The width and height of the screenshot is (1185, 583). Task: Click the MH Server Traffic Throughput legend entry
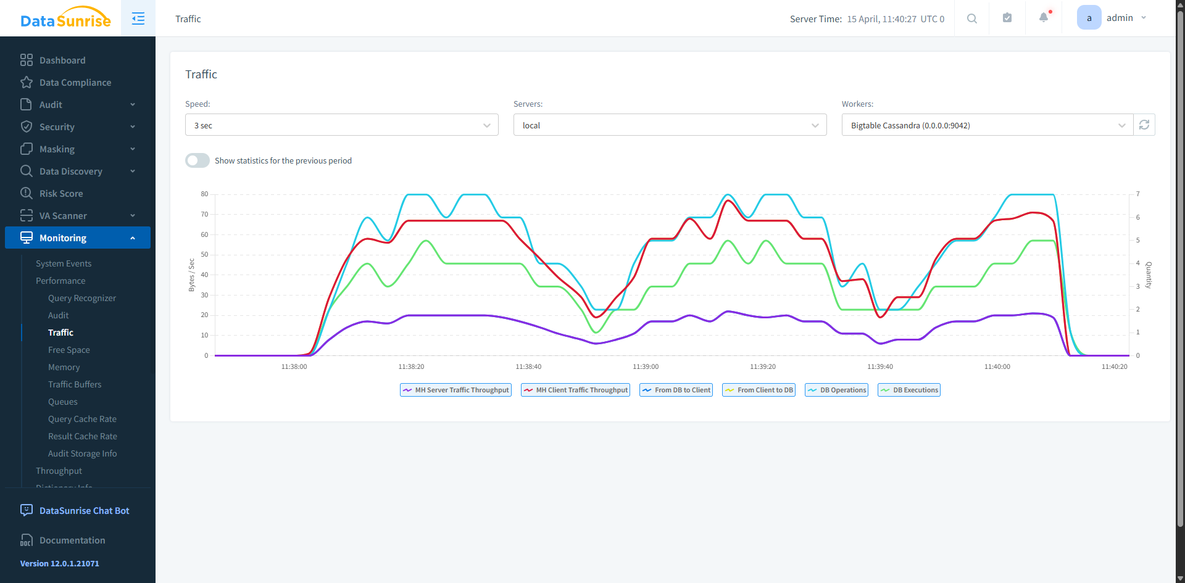[456, 390]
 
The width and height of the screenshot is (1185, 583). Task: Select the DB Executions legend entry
[909, 390]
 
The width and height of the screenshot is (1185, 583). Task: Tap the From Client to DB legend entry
[759, 390]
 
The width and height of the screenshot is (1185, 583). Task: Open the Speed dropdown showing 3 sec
[341, 125]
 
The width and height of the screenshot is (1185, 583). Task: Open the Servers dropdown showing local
[670, 125]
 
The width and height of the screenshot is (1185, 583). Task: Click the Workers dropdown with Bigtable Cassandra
[987, 125]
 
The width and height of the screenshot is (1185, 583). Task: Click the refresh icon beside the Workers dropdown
[1144, 125]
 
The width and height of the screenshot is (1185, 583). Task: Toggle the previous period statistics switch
[197, 160]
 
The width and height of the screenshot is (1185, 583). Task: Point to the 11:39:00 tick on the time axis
[646, 366]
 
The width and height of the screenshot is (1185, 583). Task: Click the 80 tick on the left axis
[204, 194]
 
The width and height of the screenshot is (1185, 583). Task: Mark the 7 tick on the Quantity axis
[1138, 194]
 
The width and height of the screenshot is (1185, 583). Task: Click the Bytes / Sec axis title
[191, 275]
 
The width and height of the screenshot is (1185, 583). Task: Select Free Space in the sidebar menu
[69, 350]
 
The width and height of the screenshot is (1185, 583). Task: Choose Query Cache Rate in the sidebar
[82, 419]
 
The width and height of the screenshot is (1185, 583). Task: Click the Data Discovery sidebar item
[71, 172]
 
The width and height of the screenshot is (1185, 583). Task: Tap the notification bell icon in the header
[1044, 18]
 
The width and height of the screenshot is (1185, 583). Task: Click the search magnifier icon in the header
[972, 19]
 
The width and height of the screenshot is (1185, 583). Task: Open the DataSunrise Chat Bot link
[84, 511]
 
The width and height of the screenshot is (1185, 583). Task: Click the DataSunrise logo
[65, 19]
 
